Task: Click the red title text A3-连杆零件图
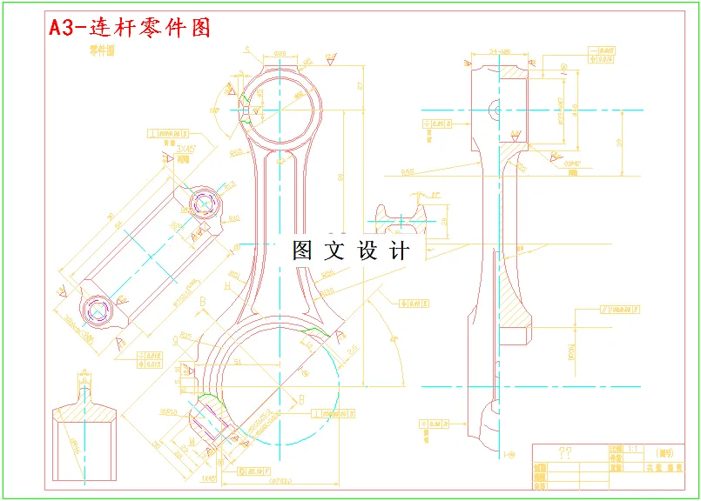130,28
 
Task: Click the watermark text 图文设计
351,251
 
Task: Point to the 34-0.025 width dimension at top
499,51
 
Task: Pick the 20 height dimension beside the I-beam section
445,221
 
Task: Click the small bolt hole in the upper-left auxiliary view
206,204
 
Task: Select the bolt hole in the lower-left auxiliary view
96,307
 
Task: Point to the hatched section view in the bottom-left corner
84,431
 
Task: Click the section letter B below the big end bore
301,399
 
